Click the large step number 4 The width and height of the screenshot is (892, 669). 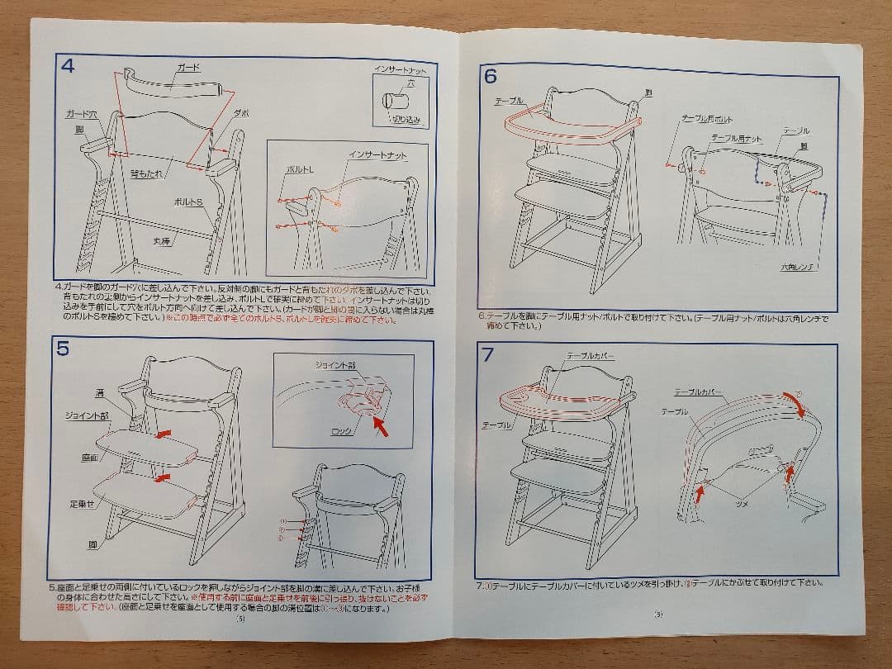click(68, 65)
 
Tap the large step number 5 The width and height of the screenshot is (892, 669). click(63, 348)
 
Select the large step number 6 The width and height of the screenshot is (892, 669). click(491, 76)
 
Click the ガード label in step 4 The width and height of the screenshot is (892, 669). click(189, 66)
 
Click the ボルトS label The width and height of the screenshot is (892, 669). click(188, 202)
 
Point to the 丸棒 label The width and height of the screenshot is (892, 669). click(161, 241)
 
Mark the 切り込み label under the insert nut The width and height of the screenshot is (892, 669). click(407, 120)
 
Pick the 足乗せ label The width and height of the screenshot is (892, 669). click(82, 503)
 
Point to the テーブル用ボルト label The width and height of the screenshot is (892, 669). click(706, 120)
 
